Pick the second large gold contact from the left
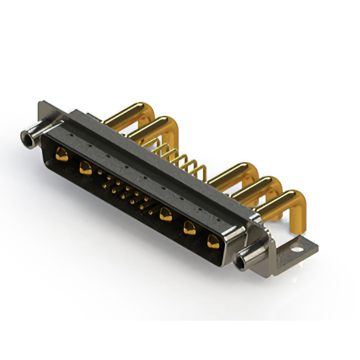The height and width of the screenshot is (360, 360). (x=85, y=167)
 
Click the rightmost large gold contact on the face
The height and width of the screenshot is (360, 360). (x=213, y=242)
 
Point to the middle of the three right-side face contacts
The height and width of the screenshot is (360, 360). (x=190, y=228)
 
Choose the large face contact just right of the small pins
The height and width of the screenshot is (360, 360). (x=165, y=213)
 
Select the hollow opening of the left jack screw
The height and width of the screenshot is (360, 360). (x=25, y=136)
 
